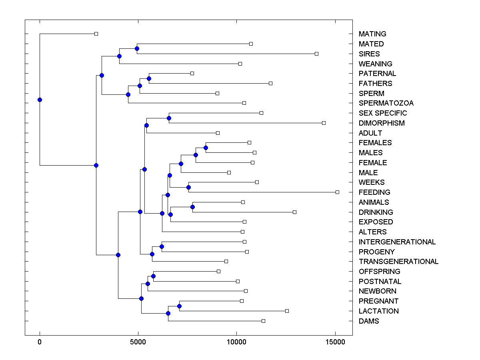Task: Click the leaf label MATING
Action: pos(372,34)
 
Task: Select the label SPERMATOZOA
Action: pos(386,103)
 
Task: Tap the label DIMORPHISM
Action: pos(382,123)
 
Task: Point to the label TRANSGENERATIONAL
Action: pos(398,262)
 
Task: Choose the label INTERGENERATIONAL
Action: pos(397,242)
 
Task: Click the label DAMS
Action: pos(369,321)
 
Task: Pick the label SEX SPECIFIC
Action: pos(383,113)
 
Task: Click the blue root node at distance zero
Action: pos(40,100)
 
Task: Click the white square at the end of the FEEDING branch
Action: pos(337,192)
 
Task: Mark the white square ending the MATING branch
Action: pos(96,34)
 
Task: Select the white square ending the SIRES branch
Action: pos(316,54)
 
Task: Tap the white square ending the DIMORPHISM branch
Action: pos(324,123)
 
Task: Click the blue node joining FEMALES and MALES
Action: pos(206,148)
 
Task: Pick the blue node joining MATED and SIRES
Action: pos(137,49)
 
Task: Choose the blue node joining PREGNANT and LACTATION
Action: pos(179,306)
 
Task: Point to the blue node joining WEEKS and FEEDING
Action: pos(188,187)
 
